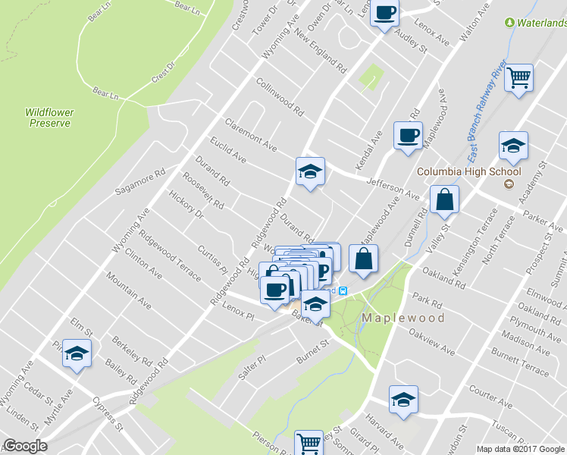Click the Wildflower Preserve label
click(49, 117)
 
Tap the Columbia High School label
click(469, 171)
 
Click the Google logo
click(24, 446)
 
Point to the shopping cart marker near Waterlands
click(519, 77)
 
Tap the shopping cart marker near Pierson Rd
click(309, 444)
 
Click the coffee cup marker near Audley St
click(385, 14)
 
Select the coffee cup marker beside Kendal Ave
click(408, 136)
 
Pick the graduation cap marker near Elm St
click(77, 354)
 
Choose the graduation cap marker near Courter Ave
click(403, 399)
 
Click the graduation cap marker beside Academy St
click(513, 146)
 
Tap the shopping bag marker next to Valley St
click(444, 199)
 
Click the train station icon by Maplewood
click(342, 291)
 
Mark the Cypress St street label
click(108, 413)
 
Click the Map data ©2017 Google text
click(519, 449)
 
